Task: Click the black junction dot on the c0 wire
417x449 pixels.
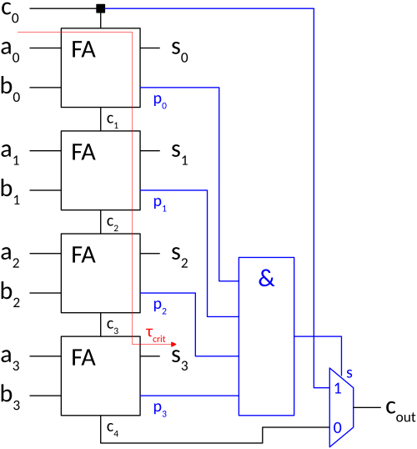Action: [x=100, y=8]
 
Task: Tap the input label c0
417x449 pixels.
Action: [x=10, y=13]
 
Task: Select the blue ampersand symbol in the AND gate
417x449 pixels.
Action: [x=266, y=278]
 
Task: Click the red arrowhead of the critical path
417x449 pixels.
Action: [x=173, y=344]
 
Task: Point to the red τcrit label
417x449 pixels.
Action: [x=155, y=335]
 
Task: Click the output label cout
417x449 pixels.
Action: [x=400, y=411]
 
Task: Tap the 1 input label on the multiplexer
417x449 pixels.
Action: [x=338, y=388]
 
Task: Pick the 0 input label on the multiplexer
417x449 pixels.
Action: [x=338, y=428]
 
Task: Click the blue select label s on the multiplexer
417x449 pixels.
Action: [x=349, y=373]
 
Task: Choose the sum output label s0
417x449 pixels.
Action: [x=180, y=52]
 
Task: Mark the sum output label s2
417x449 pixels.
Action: [x=180, y=257]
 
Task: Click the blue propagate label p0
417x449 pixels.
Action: [x=160, y=101]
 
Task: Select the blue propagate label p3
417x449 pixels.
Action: [x=160, y=410]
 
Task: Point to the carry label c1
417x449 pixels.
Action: [x=113, y=121]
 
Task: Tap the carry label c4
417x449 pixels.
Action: [x=113, y=429]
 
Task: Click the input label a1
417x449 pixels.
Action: [x=10, y=154]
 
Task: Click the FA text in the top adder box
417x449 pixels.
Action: [x=83, y=49]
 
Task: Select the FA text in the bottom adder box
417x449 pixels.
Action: [x=83, y=358]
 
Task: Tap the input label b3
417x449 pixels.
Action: [x=10, y=397]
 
